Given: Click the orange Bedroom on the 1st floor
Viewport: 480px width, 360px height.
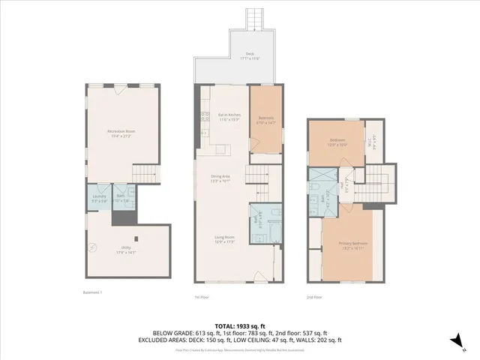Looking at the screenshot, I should point(265,119).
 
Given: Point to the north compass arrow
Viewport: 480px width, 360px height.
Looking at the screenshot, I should point(454,339).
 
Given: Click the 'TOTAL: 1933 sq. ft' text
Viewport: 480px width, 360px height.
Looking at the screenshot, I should point(240,325).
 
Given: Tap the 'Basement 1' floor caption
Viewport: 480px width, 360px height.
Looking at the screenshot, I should point(91,292).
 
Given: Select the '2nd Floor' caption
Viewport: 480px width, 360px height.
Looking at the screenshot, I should point(313,297).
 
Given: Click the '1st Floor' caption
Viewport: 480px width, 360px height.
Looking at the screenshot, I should point(202,297).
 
